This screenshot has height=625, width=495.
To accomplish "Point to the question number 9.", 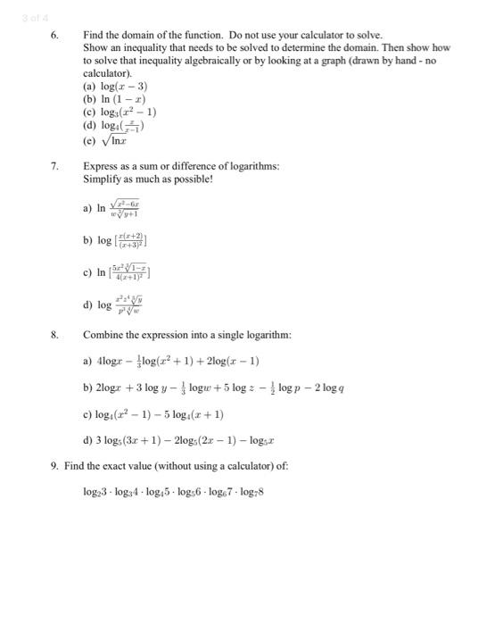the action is [x=55, y=465].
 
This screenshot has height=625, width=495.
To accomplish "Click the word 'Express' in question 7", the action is [x=101, y=166].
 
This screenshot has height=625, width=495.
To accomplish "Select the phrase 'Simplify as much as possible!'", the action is [x=148, y=179].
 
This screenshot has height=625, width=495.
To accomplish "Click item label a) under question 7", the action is [x=87, y=209].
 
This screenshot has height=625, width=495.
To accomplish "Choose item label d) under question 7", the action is [x=87, y=304].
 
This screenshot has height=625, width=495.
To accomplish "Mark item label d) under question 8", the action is [x=87, y=440].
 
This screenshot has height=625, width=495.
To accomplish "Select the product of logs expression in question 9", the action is [x=174, y=491].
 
